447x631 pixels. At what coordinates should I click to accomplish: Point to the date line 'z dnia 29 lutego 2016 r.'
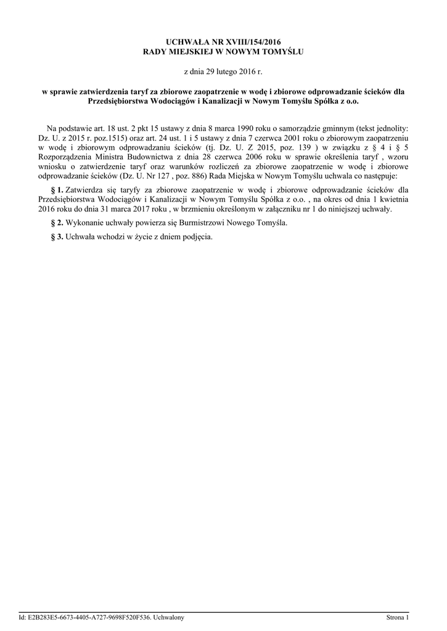[223, 71]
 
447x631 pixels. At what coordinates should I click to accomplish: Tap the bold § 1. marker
[57, 190]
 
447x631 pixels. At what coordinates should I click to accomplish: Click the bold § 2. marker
[57, 222]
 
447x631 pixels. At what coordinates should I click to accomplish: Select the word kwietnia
[391, 200]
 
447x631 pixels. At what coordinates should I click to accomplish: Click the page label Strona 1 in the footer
[398, 617]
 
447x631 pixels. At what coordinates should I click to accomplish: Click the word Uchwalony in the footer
[168, 617]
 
